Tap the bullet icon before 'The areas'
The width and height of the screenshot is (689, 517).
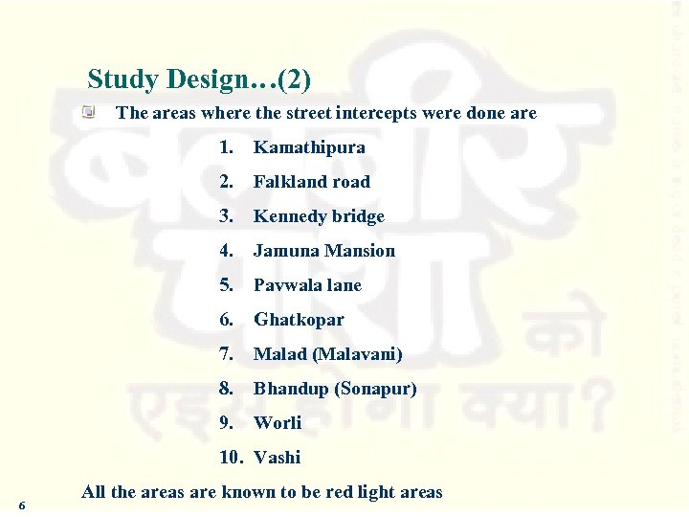coord(89,113)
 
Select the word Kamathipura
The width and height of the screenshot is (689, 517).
coord(309,147)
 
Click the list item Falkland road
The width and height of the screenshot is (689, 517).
coord(311,182)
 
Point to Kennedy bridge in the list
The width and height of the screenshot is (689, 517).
coord(319,216)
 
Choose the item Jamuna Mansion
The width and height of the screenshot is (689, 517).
coord(323,251)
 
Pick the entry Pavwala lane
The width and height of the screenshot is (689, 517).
coord(307,285)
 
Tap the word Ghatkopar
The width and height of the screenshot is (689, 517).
coord(299,320)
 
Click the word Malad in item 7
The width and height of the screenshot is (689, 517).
coord(280,354)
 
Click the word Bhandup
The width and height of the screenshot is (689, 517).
coord(290,389)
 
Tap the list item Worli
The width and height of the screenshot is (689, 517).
coord(278,423)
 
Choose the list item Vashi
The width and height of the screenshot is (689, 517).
coord(278,458)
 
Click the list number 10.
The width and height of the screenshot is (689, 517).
coord(232,458)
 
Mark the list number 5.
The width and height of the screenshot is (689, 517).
coord(225,285)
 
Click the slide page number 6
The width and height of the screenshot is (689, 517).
coord(22,505)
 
